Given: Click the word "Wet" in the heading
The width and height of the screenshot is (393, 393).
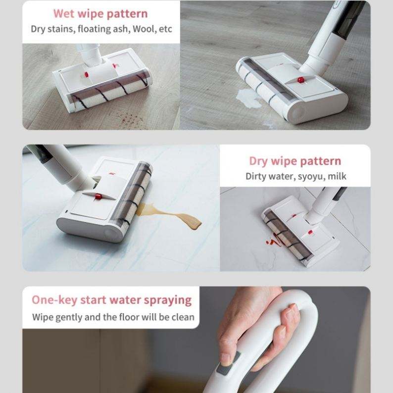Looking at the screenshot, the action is (64, 13).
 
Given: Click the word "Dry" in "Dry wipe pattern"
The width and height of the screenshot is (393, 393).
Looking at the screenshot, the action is (258, 161).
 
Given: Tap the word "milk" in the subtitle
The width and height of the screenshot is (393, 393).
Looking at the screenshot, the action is (337, 176).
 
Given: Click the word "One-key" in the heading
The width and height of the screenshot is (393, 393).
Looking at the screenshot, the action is (54, 300).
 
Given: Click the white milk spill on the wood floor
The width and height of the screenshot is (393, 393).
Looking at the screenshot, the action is (248, 98).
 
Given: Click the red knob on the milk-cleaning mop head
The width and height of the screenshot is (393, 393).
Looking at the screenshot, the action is (300, 80).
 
